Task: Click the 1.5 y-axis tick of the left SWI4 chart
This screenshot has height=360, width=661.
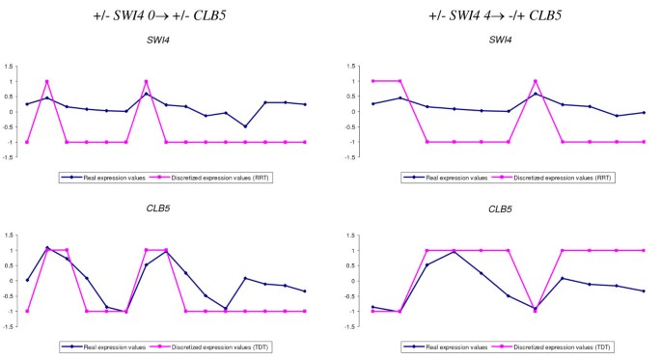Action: (x=9, y=67)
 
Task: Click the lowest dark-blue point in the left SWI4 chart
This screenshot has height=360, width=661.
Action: (x=245, y=126)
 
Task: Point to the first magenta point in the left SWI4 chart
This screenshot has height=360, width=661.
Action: (x=27, y=142)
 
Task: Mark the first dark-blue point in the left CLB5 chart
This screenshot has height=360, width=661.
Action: (x=27, y=281)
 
